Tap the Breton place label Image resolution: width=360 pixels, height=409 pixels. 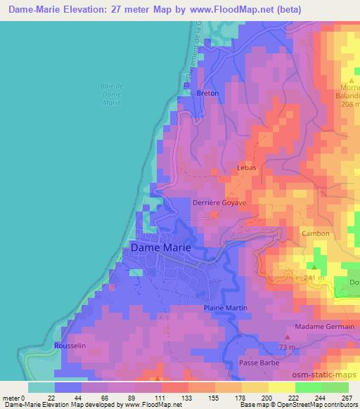(x=208, y=93)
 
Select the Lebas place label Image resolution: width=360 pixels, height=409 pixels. (x=246, y=168)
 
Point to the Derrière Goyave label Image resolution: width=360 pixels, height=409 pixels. (x=219, y=202)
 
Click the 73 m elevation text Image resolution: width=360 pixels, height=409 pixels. (x=285, y=347)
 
